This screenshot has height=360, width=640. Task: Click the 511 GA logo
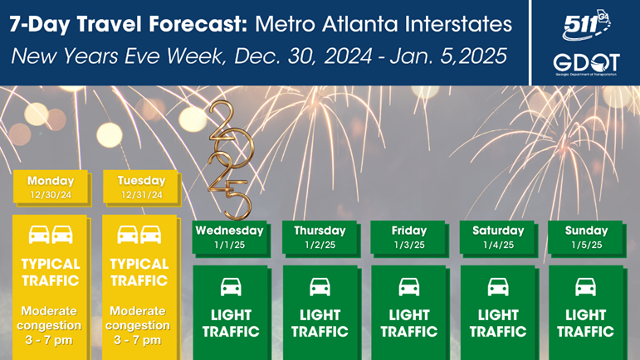(x=586, y=25)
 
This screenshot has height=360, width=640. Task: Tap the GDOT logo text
(x=586, y=63)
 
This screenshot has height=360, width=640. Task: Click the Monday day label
(x=51, y=181)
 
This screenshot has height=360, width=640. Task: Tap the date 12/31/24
(x=142, y=195)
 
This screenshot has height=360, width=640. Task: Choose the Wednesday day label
(x=229, y=231)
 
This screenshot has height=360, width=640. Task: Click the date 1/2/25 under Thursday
(x=320, y=245)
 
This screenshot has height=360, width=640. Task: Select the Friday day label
(x=409, y=231)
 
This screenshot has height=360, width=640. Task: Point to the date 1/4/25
(x=498, y=245)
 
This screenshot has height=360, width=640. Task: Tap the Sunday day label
(x=586, y=231)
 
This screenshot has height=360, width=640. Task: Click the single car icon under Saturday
(x=498, y=287)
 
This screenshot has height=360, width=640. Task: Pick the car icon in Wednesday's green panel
(x=231, y=287)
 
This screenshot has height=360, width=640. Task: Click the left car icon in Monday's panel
(x=39, y=235)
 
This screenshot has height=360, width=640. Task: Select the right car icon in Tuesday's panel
(x=150, y=235)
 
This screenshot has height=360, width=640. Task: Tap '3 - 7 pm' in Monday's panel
(x=49, y=339)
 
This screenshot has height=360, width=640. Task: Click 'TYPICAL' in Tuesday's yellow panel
(x=139, y=264)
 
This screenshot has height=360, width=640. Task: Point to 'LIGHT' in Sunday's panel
(x=585, y=314)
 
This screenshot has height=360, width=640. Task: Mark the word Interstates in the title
(x=458, y=24)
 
